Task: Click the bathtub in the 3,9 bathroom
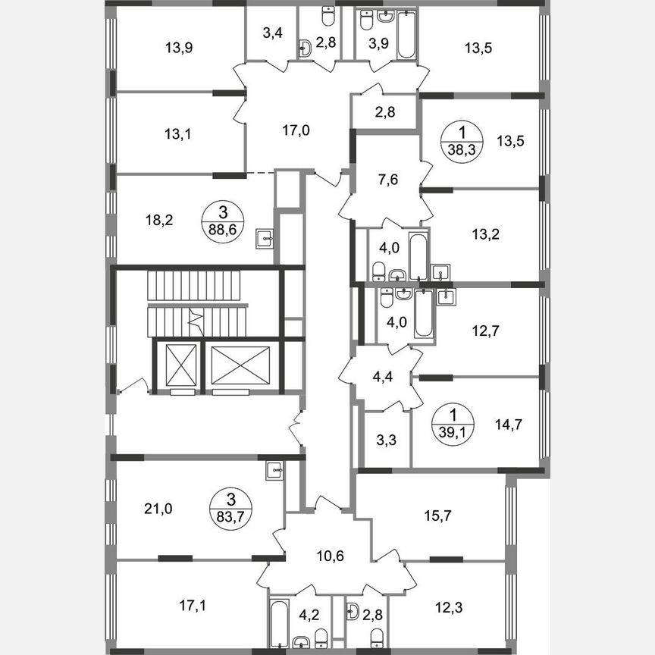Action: point(406,36)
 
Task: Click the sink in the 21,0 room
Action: point(274,471)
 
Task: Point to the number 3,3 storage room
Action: point(384,440)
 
